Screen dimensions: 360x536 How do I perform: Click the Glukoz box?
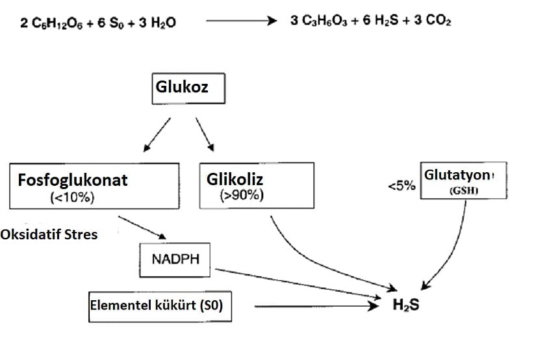pos(188,88)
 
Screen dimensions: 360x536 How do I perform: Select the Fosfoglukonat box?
pos(95,186)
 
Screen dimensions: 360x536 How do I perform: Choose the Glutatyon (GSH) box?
pos(463,180)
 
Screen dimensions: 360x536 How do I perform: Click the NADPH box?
pos(176,259)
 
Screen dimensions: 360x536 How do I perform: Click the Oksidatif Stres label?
pos(49,233)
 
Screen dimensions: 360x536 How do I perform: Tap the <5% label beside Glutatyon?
pos(401,186)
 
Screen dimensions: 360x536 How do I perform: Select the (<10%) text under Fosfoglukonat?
pos(71,198)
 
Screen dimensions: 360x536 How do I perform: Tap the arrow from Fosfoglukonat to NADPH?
pos(142,227)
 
